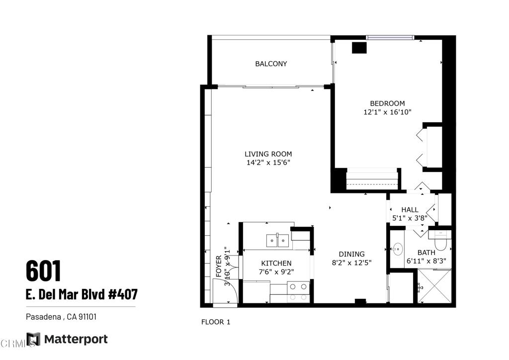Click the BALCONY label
click(x=271, y=64)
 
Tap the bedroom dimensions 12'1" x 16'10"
click(x=387, y=112)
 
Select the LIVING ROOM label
click(x=268, y=154)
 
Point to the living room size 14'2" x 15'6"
click(x=268, y=163)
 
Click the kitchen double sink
click(x=277, y=241)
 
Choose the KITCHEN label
click(x=276, y=263)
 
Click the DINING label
click(x=351, y=254)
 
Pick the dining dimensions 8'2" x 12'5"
click(x=351, y=263)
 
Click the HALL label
click(x=410, y=210)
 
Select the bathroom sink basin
click(x=397, y=249)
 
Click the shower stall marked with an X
click(x=434, y=286)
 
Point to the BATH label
click(x=426, y=253)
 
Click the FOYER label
click(x=219, y=267)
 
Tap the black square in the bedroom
click(x=359, y=48)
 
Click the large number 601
click(x=43, y=270)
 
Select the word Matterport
click(x=76, y=339)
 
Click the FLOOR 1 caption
click(x=216, y=322)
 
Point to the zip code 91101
click(x=87, y=317)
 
